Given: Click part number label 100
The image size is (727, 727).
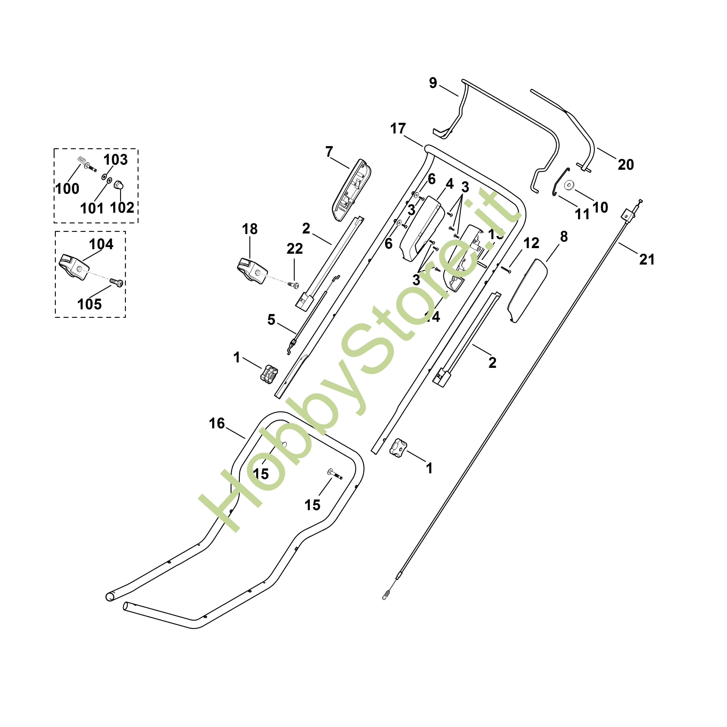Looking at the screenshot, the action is pyautogui.click(x=67, y=189).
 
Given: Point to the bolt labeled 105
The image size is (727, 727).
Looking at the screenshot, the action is pyautogui.click(x=117, y=282).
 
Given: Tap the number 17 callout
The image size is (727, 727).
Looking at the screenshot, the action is pyautogui.click(x=398, y=129).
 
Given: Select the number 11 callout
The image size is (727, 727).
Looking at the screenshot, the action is pyautogui.click(x=582, y=215).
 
